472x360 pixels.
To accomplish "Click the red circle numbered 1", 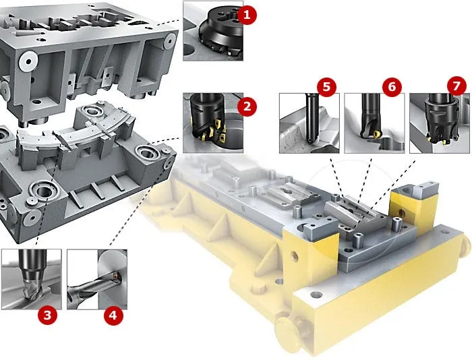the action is (x=247, y=14).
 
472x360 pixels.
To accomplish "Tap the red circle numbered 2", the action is (x=247, y=107).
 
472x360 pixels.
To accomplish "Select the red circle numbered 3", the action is (x=47, y=315).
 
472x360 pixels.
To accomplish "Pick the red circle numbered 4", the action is (x=113, y=315).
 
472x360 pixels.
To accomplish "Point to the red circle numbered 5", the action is (x=326, y=87).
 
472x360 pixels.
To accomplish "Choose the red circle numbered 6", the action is (x=392, y=87).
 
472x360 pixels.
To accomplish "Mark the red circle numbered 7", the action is (x=456, y=86).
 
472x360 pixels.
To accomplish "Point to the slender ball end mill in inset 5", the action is (x=310, y=118).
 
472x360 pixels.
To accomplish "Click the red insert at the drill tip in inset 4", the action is (x=115, y=275).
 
